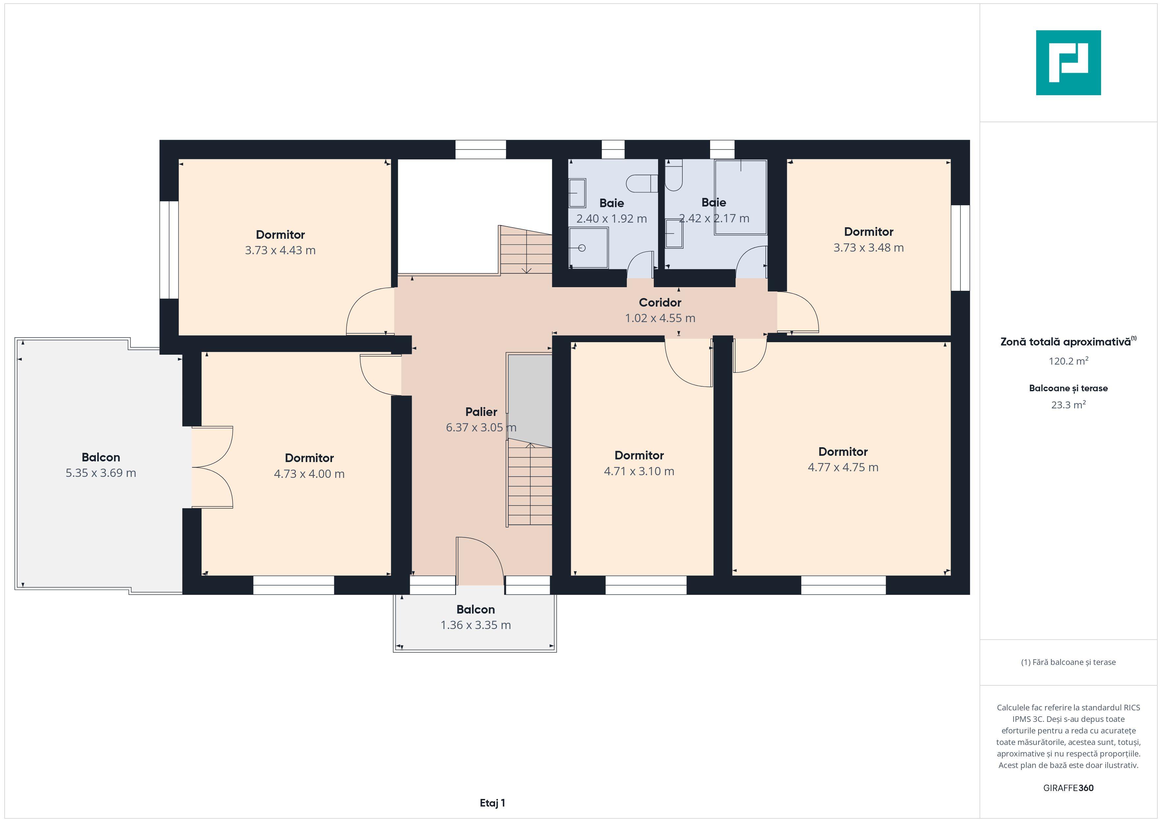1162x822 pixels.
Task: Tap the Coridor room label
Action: click(x=660, y=302)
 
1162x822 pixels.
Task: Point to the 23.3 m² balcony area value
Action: click(x=1068, y=404)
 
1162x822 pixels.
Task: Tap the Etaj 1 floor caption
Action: click(x=492, y=803)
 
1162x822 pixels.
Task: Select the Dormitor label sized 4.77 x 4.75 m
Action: click(x=843, y=452)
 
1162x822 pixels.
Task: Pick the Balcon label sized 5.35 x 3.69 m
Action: click(x=101, y=457)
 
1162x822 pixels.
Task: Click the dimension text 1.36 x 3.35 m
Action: click(x=476, y=625)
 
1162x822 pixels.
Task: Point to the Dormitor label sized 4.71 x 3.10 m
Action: click(x=639, y=455)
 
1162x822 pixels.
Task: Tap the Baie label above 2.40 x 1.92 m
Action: click(x=611, y=203)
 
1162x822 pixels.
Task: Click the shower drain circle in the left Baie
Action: click(x=582, y=248)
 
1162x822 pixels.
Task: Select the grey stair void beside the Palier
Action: click(x=529, y=400)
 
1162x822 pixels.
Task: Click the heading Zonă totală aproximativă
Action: click(x=1065, y=342)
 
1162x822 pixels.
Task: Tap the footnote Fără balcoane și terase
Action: click(x=1068, y=662)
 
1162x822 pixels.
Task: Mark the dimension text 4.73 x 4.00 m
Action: click(x=309, y=474)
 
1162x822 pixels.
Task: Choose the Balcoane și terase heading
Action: click(x=1068, y=388)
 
